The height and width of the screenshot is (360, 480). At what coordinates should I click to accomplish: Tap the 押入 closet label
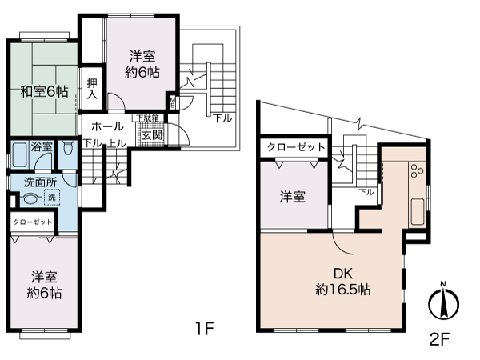[x=93, y=87]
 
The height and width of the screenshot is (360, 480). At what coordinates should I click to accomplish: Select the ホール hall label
[x=107, y=126]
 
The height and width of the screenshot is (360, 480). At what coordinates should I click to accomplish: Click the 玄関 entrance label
[x=153, y=134]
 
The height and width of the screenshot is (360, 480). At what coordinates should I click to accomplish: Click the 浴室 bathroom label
[x=42, y=147]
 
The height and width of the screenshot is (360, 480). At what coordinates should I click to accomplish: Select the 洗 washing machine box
[x=52, y=198]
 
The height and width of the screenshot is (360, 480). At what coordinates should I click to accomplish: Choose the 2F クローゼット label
[x=296, y=148]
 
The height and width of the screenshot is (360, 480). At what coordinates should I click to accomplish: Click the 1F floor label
[x=204, y=329]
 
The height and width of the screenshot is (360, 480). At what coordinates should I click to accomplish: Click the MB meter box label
[x=173, y=102]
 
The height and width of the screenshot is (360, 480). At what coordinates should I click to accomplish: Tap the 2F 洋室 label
[x=293, y=197]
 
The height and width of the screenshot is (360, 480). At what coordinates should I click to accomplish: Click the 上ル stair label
[x=116, y=144]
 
